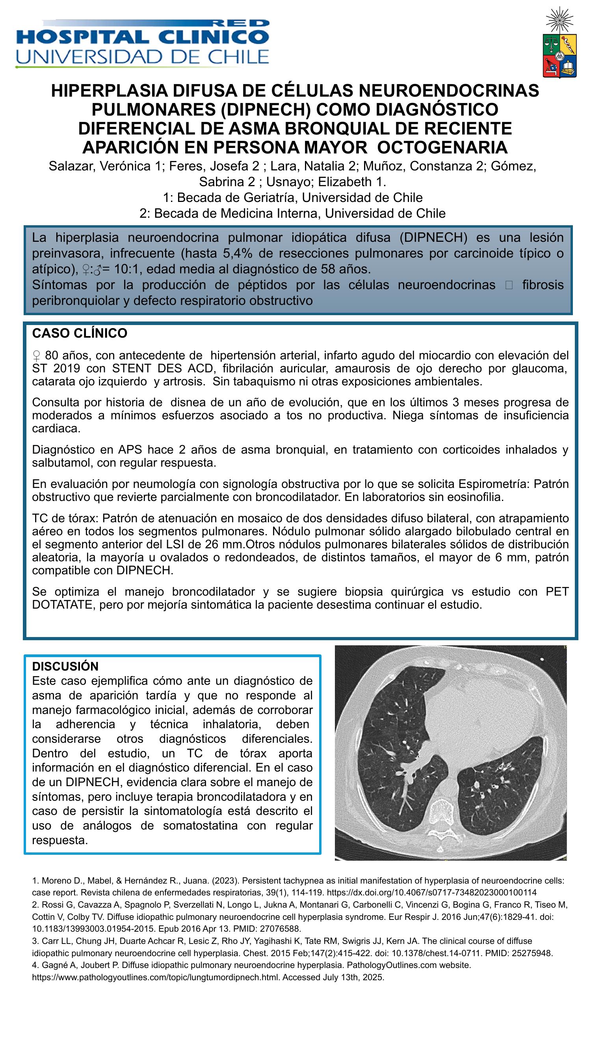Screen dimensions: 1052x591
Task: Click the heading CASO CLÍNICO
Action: (x=80, y=333)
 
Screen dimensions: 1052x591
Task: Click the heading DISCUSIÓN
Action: (x=65, y=666)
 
